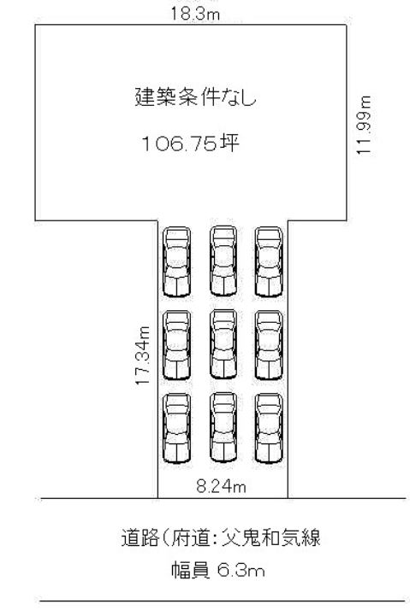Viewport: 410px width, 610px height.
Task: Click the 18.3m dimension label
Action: [195, 15]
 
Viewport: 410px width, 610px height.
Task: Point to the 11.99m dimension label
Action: [365, 126]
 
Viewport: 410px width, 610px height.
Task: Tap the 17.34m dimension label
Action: [143, 356]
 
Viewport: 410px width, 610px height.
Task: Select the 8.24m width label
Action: [221, 486]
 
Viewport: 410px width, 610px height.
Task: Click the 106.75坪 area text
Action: [191, 144]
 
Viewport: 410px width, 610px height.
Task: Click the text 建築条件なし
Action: [196, 97]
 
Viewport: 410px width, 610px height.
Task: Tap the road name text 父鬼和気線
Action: [270, 537]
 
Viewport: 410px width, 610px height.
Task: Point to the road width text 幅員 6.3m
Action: [218, 571]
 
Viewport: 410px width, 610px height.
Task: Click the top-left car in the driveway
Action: [176, 261]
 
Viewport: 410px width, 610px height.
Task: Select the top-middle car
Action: [223, 261]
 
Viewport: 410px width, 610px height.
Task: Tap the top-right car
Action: [269, 261]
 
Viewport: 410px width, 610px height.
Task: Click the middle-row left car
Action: [176, 345]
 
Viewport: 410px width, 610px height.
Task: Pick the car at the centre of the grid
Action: [223, 344]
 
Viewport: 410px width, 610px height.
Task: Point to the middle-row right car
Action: [269, 345]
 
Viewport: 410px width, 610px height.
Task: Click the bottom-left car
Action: [176, 428]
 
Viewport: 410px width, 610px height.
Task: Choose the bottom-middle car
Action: [223, 427]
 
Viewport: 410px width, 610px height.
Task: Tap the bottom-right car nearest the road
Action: [269, 428]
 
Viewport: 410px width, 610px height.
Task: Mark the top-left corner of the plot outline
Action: [35, 25]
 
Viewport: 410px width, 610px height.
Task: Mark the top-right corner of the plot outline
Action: [347, 25]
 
